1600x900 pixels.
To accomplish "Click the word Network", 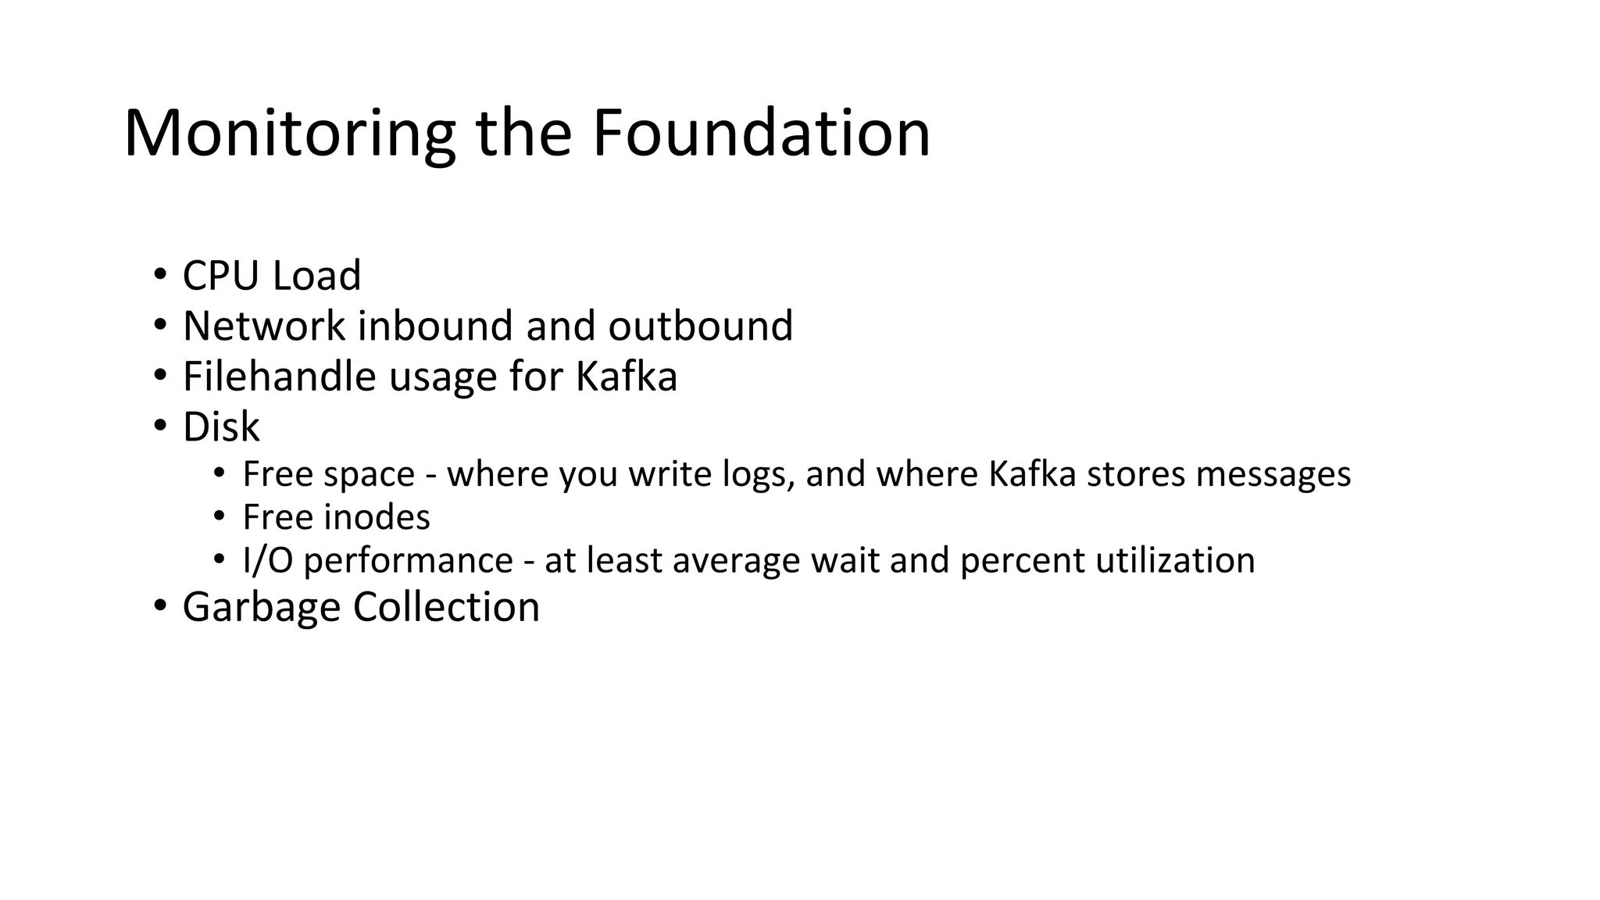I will pos(264,326).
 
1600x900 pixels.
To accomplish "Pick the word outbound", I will pos(700,326).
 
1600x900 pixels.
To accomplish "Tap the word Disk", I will pos(221,427).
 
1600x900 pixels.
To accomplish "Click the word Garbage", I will pos(262,607).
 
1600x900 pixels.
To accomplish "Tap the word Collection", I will pos(446,607).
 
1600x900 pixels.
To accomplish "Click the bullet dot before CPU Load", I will pos(160,275).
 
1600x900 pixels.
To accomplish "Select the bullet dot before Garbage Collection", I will pos(160,606).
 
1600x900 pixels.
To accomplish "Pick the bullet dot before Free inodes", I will pos(220,516).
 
